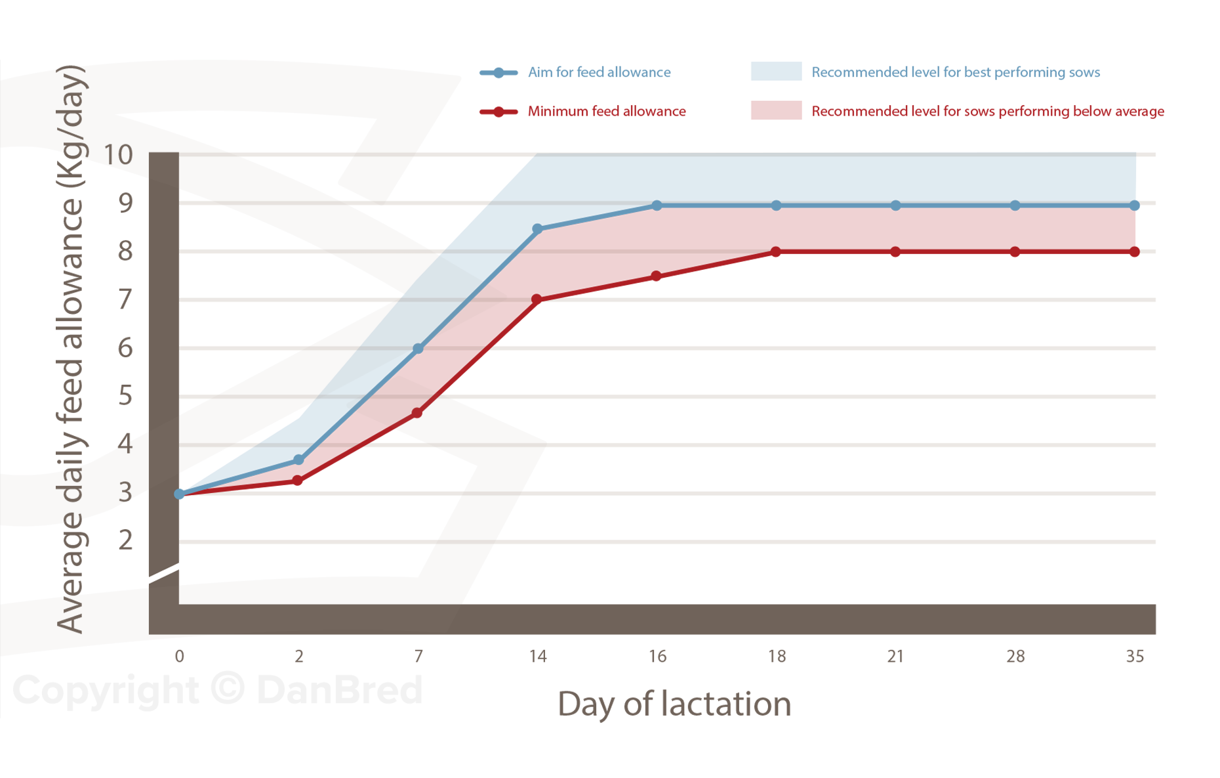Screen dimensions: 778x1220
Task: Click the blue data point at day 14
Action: pyautogui.click(x=537, y=229)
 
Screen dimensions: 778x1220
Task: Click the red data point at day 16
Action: pyautogui.click(x=656, y=276)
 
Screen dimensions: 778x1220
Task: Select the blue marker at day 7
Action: pyautogui.click(x=418, y=349)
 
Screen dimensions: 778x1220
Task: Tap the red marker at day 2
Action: pyautogui.click(x=298, y=481)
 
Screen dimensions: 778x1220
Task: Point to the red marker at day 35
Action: pyautogui.click(x=1135, y=251)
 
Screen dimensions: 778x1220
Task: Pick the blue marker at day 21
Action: pyautogui.click(x=896, y=205)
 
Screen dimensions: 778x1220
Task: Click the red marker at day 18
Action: pyautogui.click(x=776, y=251)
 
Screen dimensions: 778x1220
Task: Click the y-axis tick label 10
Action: pyautogui.click(x=118, y=155)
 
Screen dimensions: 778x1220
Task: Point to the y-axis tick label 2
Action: pyautogui.click(x=125, y=540)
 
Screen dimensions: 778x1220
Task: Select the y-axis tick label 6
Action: pyautogui.click(x=125, y=347)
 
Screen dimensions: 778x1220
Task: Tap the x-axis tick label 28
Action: pyautogui.click(x=1015, y=657)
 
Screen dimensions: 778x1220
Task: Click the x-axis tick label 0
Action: pyautogui.click(x=179, y=657)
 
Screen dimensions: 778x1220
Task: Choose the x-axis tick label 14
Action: pyautogui.click(x=538, y=657)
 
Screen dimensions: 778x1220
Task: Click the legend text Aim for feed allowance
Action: pyautogui.click(x=599, y=72)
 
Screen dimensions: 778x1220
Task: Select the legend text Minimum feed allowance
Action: pyautogui.click(x=607, y=112)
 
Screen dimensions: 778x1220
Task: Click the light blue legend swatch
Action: pyautogui.click(x=776, y=72)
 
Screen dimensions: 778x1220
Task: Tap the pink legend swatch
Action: pyautogui.click(x=776, y=110)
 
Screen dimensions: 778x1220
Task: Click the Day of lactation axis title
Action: pyautogui.click(x=674, y=704)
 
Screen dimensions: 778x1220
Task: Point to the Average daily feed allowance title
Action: pyautogui.click(x=70, y=349)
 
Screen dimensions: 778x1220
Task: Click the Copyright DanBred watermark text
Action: pyautogui.click(x=218, y=690)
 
